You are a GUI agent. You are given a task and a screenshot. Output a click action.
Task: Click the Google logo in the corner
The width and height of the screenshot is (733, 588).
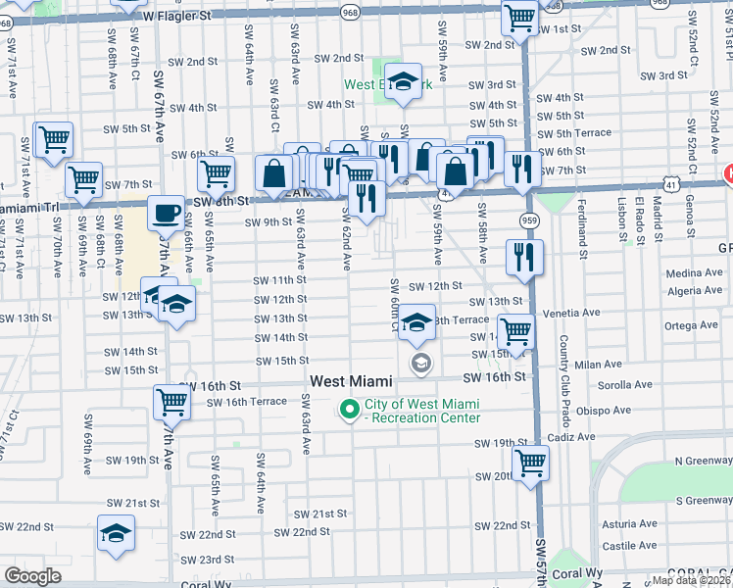[x=33, y=576]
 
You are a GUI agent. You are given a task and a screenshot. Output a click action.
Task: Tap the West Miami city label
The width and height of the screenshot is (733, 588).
[x=352, y=381]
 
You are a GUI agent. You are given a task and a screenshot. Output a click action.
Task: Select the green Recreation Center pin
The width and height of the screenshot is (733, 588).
[x=349, y=411]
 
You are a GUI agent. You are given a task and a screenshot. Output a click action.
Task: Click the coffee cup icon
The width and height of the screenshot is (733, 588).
[x=166, y=213]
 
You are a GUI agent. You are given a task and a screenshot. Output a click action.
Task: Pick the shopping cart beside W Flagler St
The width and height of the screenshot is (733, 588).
[x=519, y=17]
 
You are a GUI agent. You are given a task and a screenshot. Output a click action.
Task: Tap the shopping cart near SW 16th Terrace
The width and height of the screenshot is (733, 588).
[x=171, y=401]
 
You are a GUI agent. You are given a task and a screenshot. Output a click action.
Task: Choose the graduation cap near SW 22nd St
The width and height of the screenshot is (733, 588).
[x=116, y=534]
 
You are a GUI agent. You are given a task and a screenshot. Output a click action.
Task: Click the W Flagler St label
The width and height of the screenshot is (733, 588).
[x=176, y=17]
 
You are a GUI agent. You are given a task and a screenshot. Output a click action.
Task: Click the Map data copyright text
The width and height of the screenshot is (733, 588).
[x=692, y=579]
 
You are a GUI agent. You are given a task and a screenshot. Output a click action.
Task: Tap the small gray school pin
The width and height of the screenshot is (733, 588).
[x=420, y=364]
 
